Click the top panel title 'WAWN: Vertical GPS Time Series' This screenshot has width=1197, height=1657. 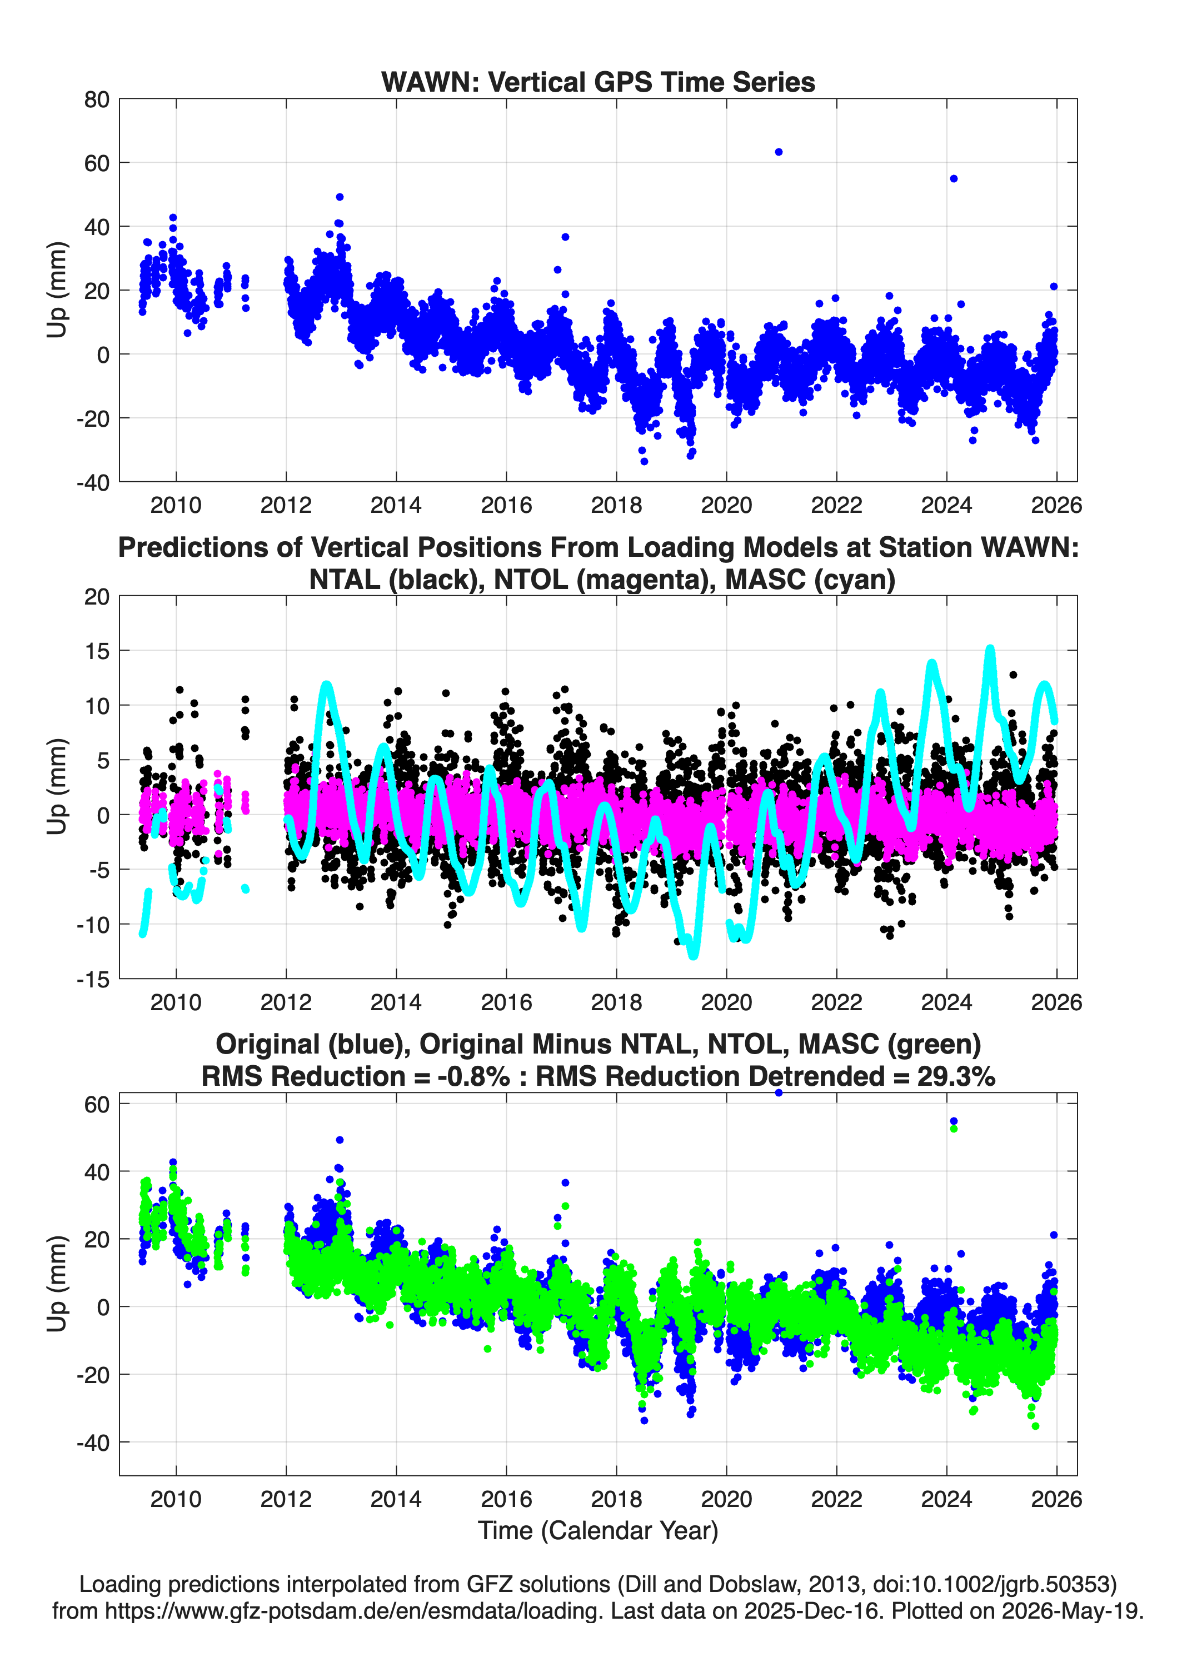[x=598, y=82]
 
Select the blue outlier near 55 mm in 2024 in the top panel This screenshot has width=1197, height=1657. [x=954, y=178]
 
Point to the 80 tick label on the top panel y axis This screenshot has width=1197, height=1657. [x=97, y=99]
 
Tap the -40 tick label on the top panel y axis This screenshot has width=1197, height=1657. [x=93, y=482]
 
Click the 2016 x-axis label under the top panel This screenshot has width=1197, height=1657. [x=506, y=505]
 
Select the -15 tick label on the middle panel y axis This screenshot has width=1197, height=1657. [x=93, y=979]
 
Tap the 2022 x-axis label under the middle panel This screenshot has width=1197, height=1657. [x=837, y=1002]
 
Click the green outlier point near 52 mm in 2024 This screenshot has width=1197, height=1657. [x=954, y=1129]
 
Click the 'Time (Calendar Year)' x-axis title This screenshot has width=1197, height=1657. [x=598, y=1531]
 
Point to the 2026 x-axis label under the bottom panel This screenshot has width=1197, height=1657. [x=1056, y=1499]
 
